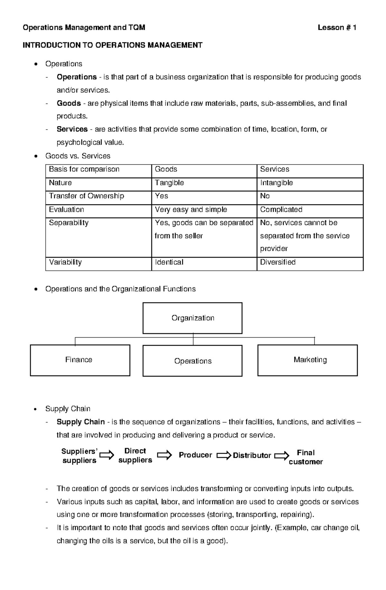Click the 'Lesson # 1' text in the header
pyautogui.click(x=336, y=28)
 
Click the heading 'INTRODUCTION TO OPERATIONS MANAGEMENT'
pyautogui.click(x=112, y=45)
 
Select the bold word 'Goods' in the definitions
pyautogui.click(x=69, y=103)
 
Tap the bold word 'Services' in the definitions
pyautogui.click(x=72, y=129)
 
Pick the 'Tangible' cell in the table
pyautogui.click(x=169, y=183)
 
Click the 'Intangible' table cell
pyautogui.click(x=276, y=183)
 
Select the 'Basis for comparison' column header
pyautogui.click(x=84, y=169)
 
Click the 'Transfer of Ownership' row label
pyautogui.click(x=86, y=196)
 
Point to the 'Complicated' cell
pyautogui.click(x=281, y=210)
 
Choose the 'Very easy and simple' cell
pyautogui.click(x=191, y=210)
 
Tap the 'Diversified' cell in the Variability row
pyautogui.click(x=278, y=262)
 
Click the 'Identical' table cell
pyautogui.click(x=169, y=262)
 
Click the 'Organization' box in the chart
pyautogui.click(x=192, y=318)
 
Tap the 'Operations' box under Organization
pyautogui.click(x=192, y=361)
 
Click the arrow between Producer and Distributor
pyautogui.click(x=224, y=456)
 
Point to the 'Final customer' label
pyautogui.click(x=306, y=457)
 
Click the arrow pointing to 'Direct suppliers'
pyautogui.click(x=107, y=455)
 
